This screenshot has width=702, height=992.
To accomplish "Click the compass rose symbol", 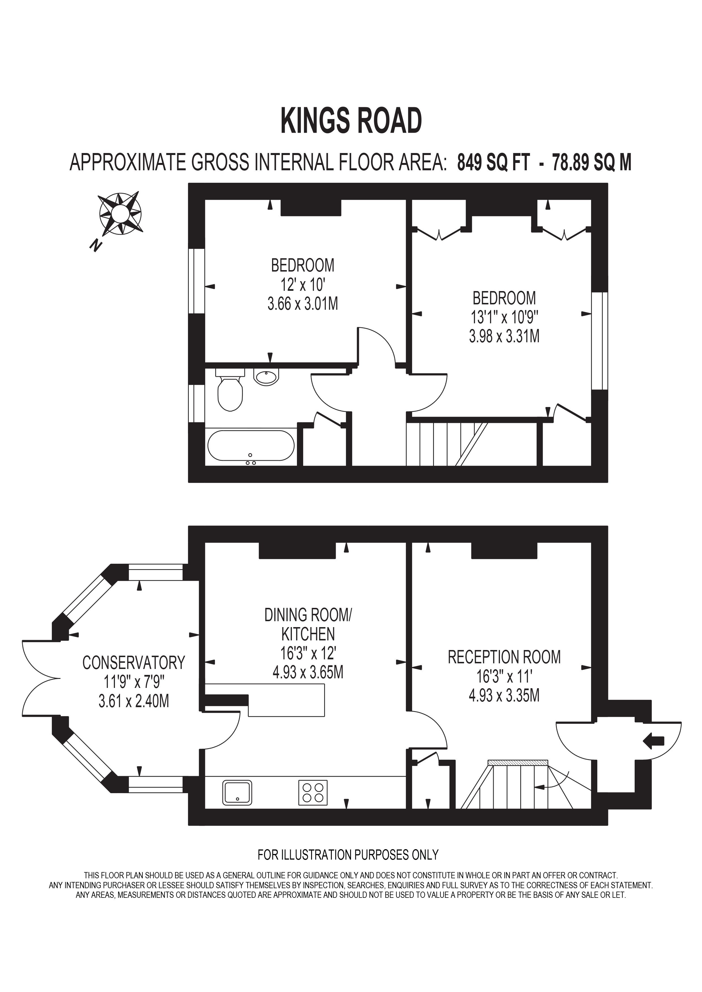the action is point(120,214).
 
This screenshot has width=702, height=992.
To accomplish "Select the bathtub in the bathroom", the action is point(251,446).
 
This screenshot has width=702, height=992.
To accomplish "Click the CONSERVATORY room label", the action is point(134,662).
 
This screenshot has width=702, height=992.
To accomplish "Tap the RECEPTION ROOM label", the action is point(504,657).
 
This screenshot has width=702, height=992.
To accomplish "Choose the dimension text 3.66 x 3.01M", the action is point(303,304).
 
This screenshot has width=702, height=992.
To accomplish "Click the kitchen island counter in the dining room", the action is point(286,700).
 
